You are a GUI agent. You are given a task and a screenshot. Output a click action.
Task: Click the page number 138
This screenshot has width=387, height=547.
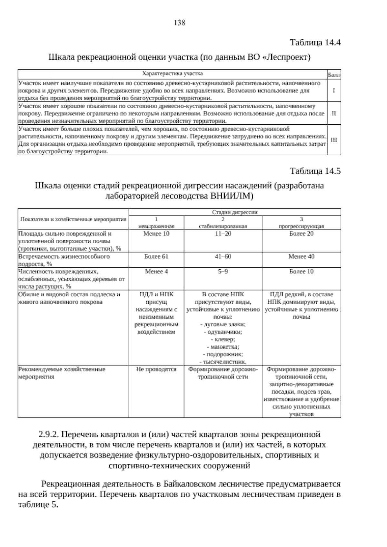(x=179, y=23)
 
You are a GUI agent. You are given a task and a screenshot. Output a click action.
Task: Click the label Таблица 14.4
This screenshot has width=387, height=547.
(x=315, y=43)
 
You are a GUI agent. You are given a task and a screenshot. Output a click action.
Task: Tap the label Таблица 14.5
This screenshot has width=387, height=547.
(x=315, y=171)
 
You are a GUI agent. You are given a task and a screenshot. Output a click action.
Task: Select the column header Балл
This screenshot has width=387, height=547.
(x=334, y=75)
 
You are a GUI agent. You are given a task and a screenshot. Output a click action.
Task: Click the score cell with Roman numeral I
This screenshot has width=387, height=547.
(x=334, y=91)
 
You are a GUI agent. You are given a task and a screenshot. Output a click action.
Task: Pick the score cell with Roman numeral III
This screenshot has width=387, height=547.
(x=334, y=140)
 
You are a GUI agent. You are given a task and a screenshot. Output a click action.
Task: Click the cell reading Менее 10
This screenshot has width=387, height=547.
(x=156, y=234)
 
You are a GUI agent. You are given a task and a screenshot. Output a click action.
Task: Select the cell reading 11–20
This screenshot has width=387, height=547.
(x=223, y=234)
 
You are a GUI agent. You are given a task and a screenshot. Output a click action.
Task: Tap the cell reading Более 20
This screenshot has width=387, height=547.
(x=301, y=234)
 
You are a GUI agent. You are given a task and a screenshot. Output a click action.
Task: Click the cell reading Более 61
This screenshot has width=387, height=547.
(x=156, y=257)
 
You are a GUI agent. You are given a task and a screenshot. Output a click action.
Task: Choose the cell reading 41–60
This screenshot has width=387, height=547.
(x=223, y=257)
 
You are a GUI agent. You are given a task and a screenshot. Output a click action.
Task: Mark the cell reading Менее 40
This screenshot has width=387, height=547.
(x=301, y=257)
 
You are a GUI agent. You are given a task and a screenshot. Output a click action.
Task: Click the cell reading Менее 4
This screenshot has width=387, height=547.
(x=156, y=272)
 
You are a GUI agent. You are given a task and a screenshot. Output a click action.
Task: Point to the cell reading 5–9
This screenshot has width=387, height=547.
(x=223, y=272)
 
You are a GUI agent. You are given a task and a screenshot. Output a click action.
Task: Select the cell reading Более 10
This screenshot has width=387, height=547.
(x=301, y=272)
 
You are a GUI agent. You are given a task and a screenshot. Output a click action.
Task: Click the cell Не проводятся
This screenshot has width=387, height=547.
(x=156, y=369)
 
